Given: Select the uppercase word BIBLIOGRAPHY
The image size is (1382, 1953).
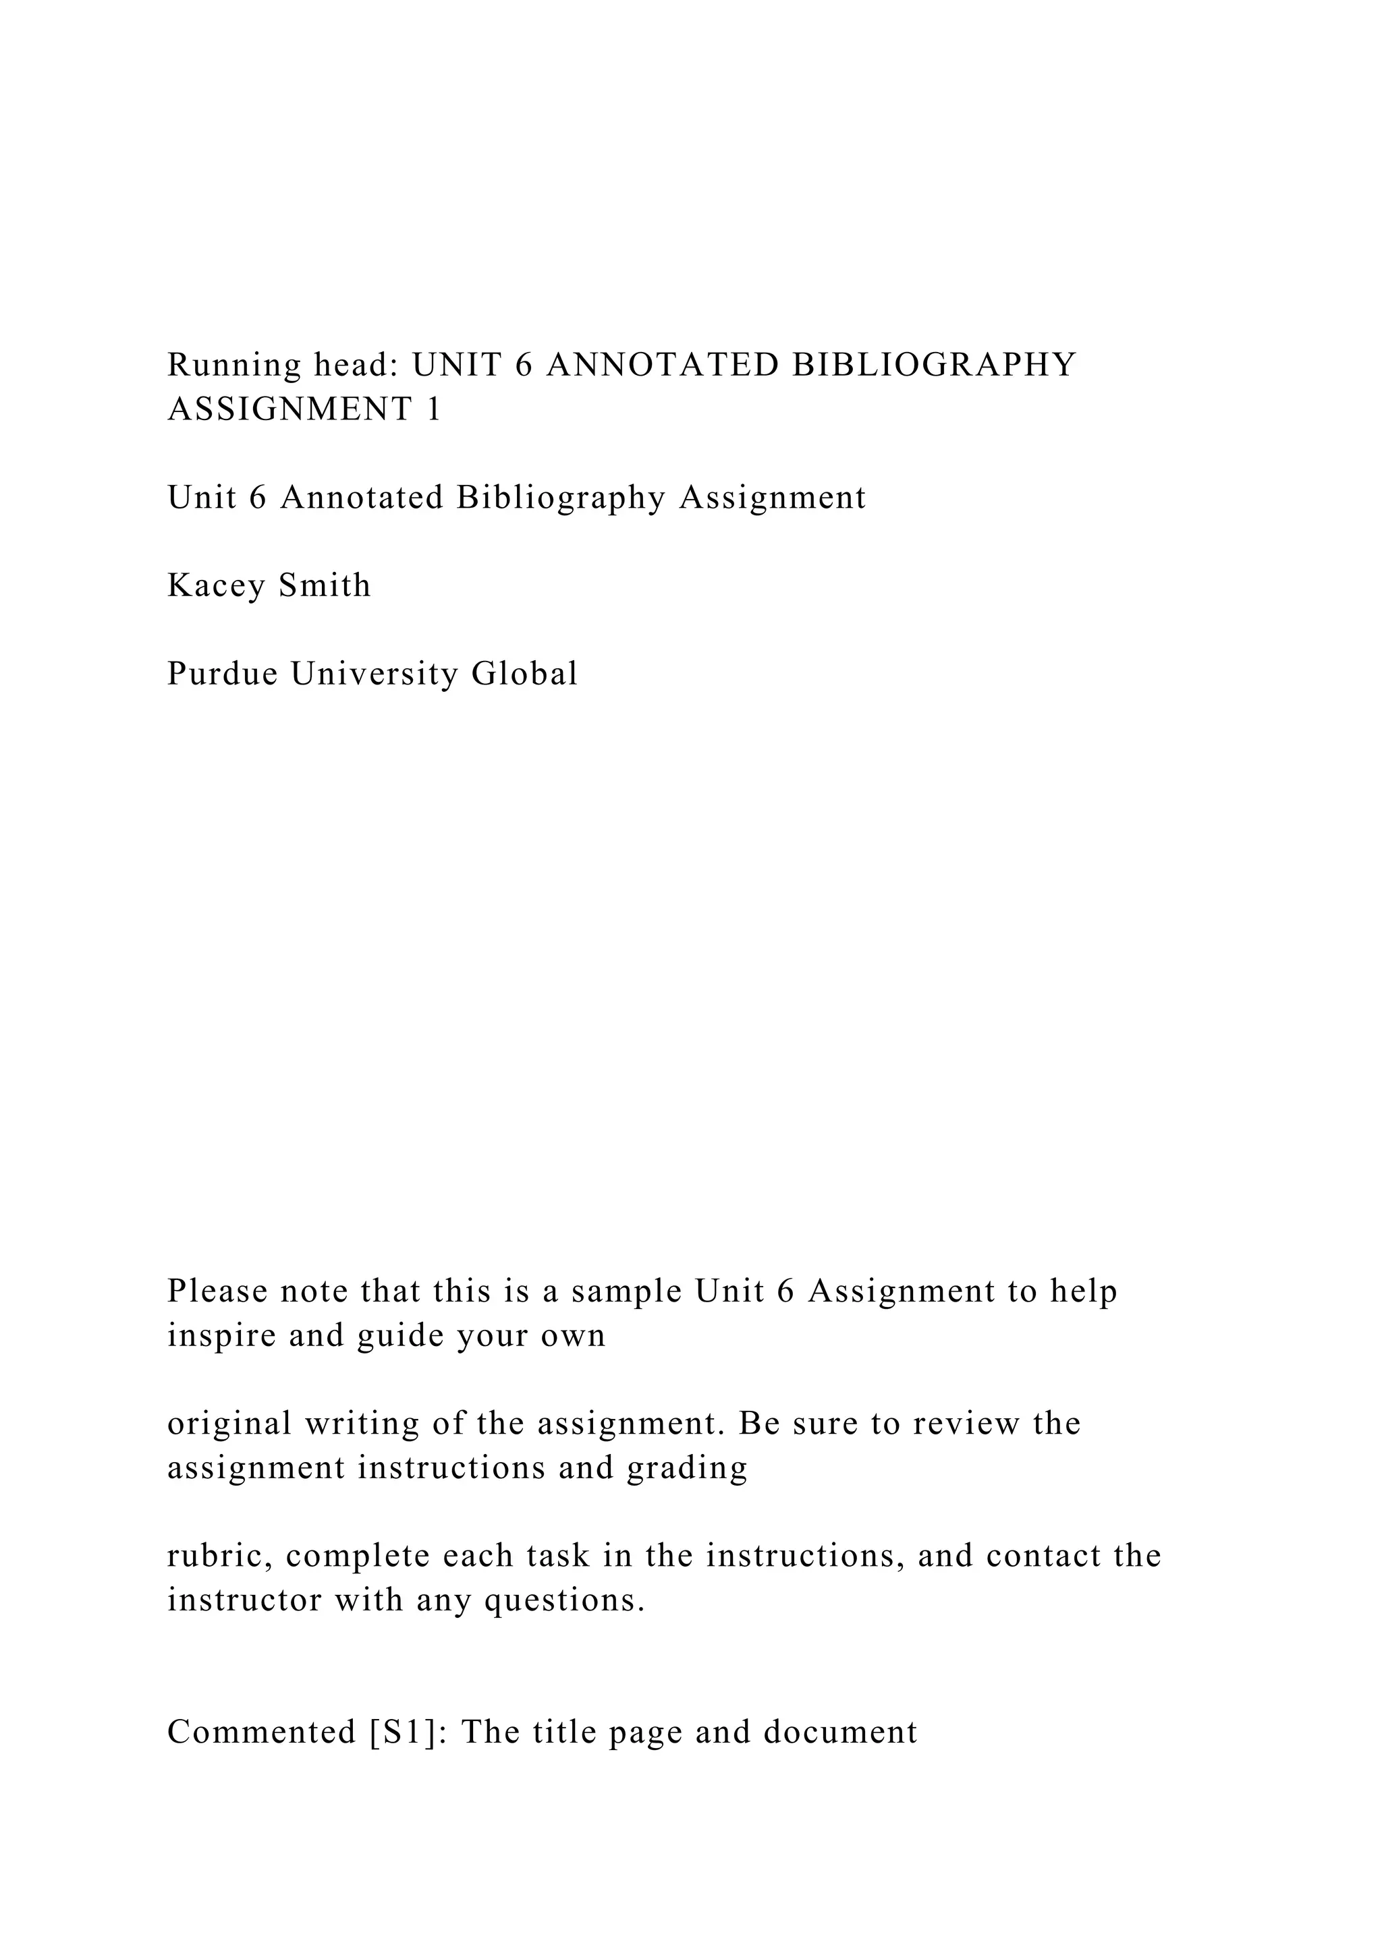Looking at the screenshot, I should (x=933, y=365).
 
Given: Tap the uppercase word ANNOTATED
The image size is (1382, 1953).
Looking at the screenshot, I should (x=662, y=365).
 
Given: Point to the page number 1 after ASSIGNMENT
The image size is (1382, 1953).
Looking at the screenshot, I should (x=433, y=410).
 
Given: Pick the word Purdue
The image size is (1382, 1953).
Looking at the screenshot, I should (x=222, y=674).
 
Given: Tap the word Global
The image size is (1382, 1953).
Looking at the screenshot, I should (x=524, y=674).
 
